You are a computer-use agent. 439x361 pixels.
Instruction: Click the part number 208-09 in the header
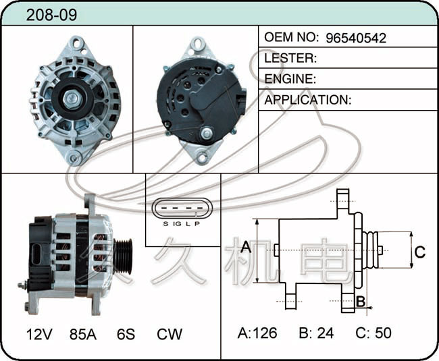click(51, 15)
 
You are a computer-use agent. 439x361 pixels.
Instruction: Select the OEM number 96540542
click(356, 38)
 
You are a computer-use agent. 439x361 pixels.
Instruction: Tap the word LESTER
click(289, 58)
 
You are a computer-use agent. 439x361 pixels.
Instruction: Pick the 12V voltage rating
click(39, 334)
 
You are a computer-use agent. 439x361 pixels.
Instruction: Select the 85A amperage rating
click(83, 334)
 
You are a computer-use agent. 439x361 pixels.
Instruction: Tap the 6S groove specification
click(126, 334)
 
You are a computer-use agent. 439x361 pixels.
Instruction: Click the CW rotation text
click(170, 334)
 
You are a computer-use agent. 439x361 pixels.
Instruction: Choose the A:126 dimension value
click(257, 333)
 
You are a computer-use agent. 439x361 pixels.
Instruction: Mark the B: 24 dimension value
click(316, 333)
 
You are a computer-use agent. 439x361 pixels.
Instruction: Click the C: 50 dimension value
click(373, 333)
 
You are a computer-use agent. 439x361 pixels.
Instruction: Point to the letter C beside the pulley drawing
click(419, 252)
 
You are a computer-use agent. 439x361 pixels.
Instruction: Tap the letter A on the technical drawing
click(246, 247)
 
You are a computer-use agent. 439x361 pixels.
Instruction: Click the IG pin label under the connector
click(177, 224)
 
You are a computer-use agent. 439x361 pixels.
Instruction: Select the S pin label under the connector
click(165, 224)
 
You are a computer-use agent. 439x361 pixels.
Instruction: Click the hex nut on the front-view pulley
click(72, 99)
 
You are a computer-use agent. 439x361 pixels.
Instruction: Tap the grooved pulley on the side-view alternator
click(123, 255)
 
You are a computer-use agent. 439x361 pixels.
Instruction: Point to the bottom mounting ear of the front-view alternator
click(74, 157)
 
